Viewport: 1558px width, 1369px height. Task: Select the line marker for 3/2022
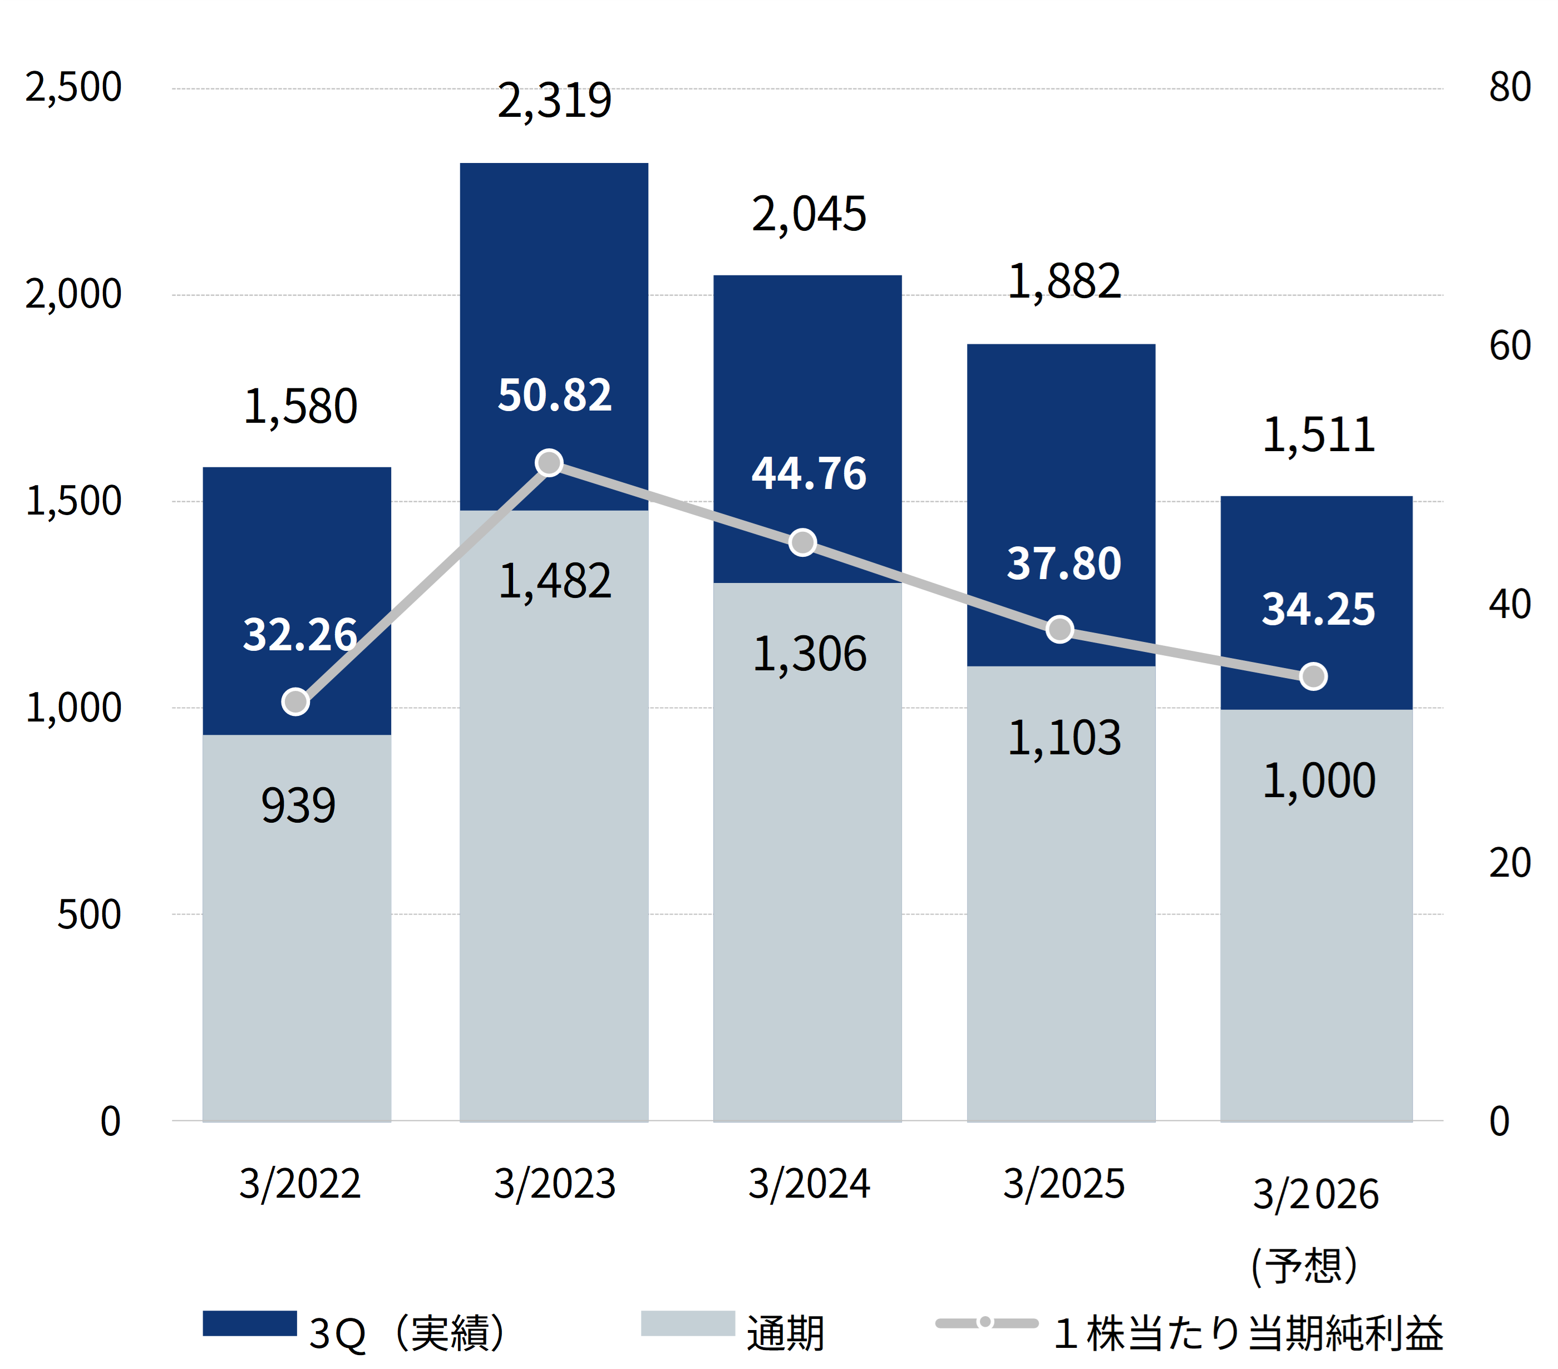pos(296,701)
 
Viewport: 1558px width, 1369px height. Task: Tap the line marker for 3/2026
pos(1313,676)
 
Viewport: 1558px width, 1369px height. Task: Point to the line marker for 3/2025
pos(1059,629)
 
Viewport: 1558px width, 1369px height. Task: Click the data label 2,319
pos(554,101)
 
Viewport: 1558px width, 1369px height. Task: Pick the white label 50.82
pos(554,396)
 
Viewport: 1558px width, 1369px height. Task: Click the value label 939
pos(298,805)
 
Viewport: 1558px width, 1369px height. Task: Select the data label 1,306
pos(808,654)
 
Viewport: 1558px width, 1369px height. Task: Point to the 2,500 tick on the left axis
pos(73,87)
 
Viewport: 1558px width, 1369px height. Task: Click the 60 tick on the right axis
pos(1509,346)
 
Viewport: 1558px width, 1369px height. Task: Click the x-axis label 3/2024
pos(808,1184)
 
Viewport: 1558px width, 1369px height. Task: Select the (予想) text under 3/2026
pos(1304,1266)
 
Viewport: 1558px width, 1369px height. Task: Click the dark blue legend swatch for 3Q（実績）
pos(249,1323)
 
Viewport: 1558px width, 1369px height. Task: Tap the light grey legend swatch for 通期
pos(688,1323)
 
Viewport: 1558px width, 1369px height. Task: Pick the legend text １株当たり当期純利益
pos(1248,1333)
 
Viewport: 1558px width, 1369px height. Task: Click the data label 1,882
pos(1063,282)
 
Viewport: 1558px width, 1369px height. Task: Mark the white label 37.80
pos(1063,564)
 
